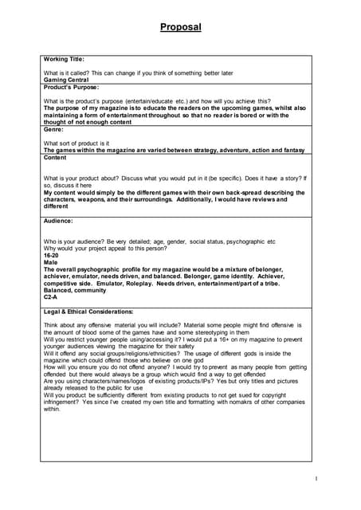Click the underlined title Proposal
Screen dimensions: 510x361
(180, 27)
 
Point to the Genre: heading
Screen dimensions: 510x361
(54, 128)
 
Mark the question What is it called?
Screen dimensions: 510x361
(72, 73)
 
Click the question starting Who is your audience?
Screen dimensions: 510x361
(159, 240)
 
